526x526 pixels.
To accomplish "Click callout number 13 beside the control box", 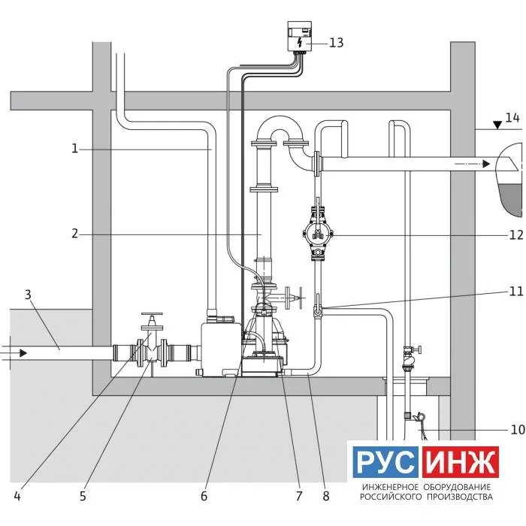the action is (x=336, y=43).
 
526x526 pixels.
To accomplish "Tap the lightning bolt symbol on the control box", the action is (x=300, y=42).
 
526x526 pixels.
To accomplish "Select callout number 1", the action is (x=75, y=148).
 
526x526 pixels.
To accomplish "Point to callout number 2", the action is (x=75, y=234).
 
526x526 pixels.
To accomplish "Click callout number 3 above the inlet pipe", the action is (x=29, y=295).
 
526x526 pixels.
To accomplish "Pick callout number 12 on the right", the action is (x=516, y=234).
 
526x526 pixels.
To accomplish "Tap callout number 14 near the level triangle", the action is (x=512, y=118).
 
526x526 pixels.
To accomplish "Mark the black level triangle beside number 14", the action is (x=497, y=125).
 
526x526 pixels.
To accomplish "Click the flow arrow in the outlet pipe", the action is (x=473, y=164).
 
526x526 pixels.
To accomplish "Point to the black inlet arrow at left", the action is (x=23, y=353).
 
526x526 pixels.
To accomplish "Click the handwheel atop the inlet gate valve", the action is (x=152, y=314).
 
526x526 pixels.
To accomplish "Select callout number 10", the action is (x=517, y=429).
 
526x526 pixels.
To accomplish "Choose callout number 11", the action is (x=516, y=292).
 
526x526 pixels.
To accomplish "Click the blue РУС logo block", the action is (x=385, y=462).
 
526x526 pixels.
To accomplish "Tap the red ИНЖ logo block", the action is (x=460, y=462).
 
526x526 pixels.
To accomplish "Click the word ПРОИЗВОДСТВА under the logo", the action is (x=460, y=497).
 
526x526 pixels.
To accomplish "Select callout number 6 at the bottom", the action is (x=204, y=496).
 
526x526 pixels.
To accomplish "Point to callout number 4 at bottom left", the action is (x=17, y=496).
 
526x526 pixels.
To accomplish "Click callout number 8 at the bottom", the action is (x=326, y=496).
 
